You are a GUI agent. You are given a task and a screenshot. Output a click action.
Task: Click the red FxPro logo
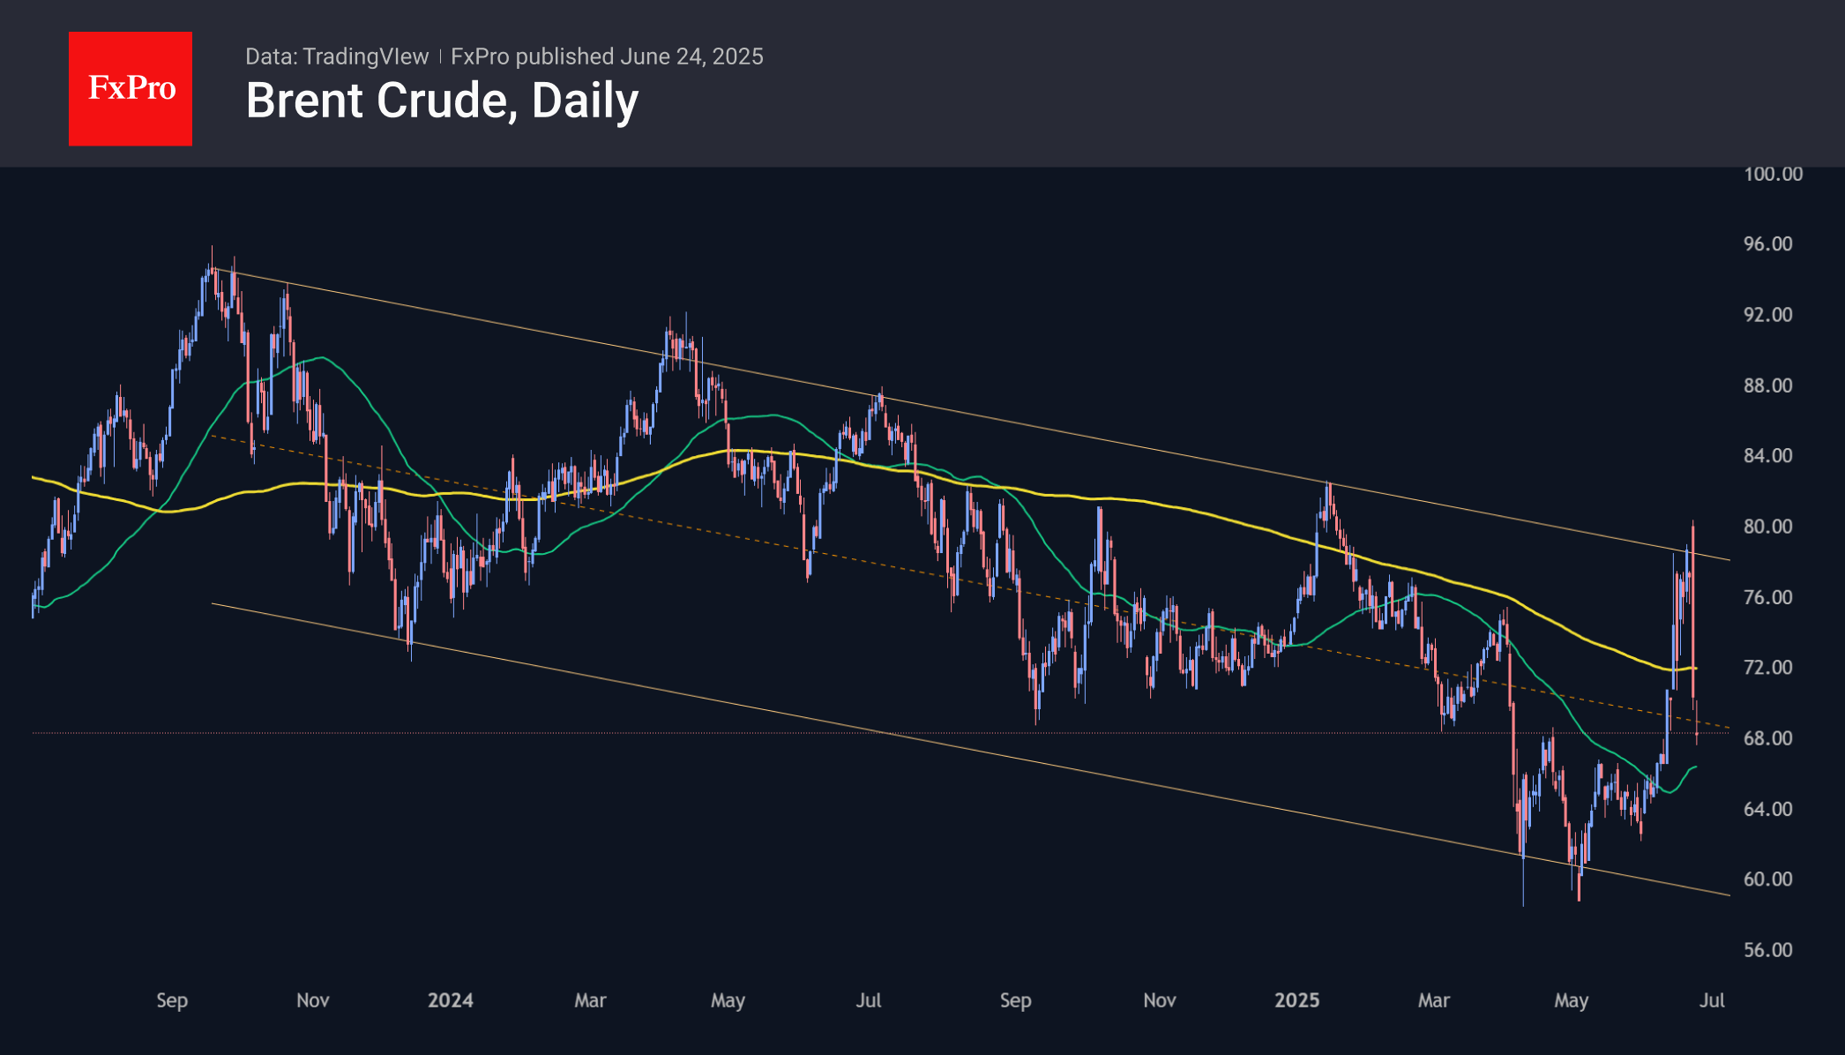pyautogui.click(x=131, y=88)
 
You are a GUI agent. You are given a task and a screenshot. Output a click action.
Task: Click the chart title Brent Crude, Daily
pyautogui.click(x=442, y=101)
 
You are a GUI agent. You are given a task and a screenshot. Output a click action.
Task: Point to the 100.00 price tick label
pyautogui.click(x=1773, y=174)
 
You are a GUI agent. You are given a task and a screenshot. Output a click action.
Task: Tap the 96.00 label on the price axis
pyautogui.click(x=1767, y=244)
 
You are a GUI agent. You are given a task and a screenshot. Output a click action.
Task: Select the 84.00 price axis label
pyautogui.click(x=1767, y=456)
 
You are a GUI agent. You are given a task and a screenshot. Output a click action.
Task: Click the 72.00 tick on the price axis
pyautogui.click(x=1767, y=668)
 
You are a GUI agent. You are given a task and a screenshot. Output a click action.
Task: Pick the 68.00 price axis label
pyautogui.click(x=1767, y=738)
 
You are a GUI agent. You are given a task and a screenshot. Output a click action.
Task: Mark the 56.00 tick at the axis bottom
pyautogui.click(x=1767, y=950)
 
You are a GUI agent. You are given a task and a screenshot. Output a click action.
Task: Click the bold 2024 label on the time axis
pyautogui.click(x=450, y=1000)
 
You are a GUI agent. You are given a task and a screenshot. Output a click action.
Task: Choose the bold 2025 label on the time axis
pyautogui.click(x=1296, y=1000)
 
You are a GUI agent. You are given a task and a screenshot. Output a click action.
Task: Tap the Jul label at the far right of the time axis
pyautogui.click(x=1712, y=1000)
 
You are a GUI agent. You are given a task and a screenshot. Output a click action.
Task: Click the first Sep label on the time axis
pyautogui.click(x=172, y=1000)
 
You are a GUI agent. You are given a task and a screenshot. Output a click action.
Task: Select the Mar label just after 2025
pyautogui.click(x=1433, y=1000)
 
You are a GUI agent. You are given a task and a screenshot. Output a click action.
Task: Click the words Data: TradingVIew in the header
pyautogui.click(x=337, y=56)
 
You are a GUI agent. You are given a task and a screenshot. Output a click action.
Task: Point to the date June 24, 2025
pyautogui.click(x=691, y=56)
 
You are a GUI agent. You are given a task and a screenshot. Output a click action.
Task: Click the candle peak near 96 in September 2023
pyautogui.click(x=212, y=250)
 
